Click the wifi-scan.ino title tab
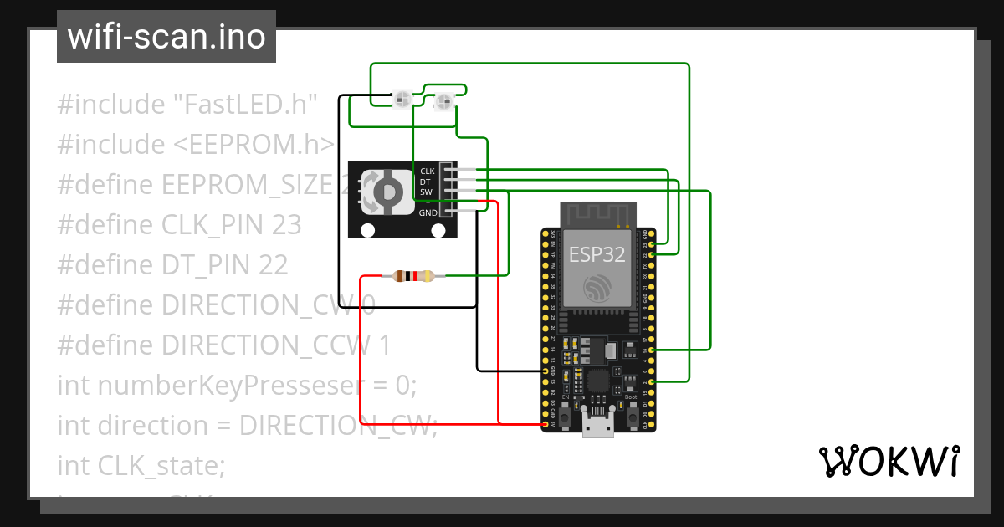(166, 37)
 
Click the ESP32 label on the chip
(597, 254)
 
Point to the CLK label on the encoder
(427, 171)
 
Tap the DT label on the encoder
(425, 182)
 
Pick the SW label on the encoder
(426, 192)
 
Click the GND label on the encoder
(428, 212)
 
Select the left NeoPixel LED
(402, 100)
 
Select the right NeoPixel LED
(443, 102)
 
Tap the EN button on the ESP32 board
(566, 415)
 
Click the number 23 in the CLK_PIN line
(286, 225)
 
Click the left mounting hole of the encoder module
(366, 230)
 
